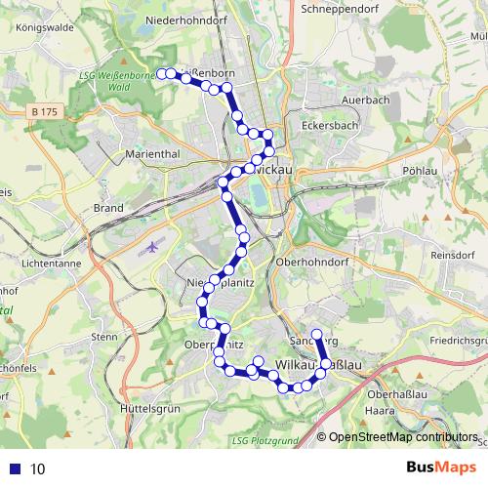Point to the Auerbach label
[366, 100]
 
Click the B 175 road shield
[45, 113]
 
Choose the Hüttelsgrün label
[147, 408]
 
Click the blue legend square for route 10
[16, 468]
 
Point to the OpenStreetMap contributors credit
[402, 438]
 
